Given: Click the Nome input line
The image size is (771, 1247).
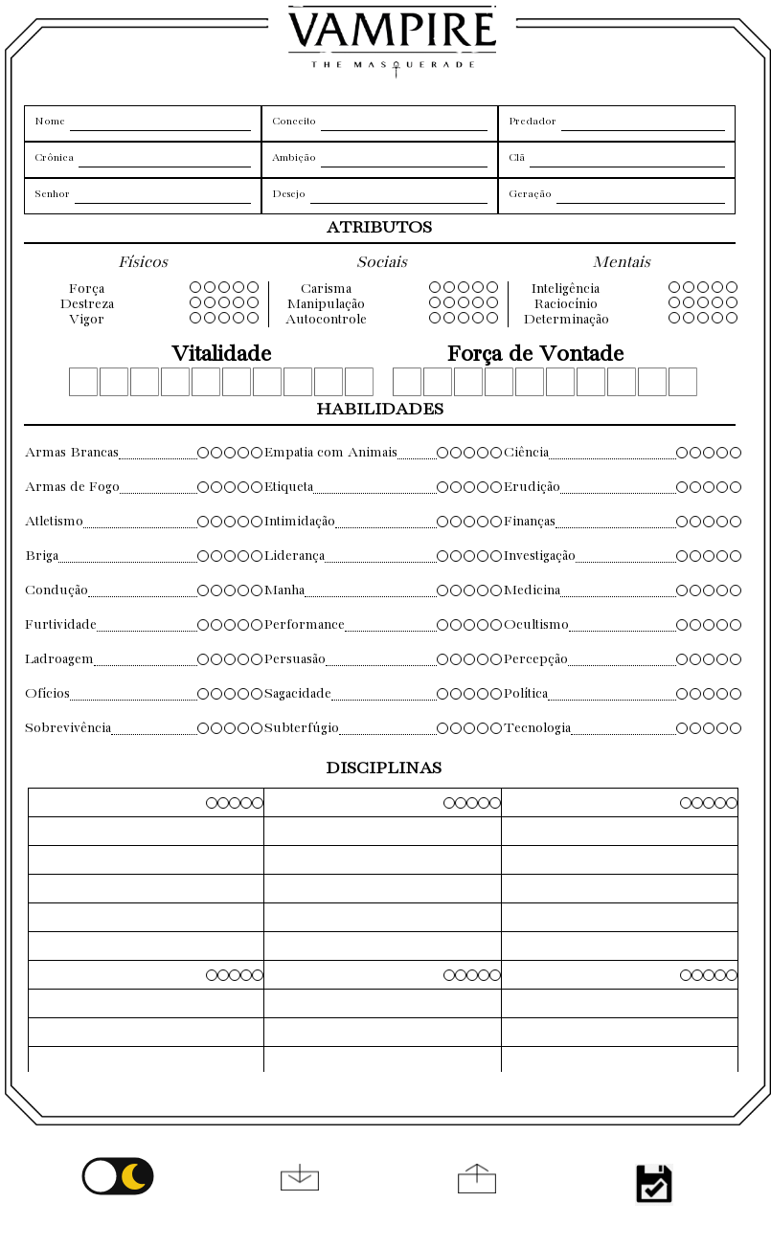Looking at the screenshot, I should [x=160, y=123].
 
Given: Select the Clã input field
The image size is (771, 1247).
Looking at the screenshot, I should [x=626, y=160].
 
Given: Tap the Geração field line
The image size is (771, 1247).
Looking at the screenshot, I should [x=640, y=196].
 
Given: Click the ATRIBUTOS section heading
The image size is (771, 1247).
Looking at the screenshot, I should [x=379, y=228].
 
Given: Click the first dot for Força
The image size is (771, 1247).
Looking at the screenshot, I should [x=195, y=287].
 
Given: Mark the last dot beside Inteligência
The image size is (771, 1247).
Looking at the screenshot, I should [x=732, y=287].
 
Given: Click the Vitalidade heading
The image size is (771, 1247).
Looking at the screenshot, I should [x=221, y=354].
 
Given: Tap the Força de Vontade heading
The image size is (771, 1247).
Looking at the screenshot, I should [x=535, y=354].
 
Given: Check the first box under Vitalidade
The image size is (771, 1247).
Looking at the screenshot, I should [x=83, y=382].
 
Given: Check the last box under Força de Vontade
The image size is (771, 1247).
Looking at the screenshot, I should [x=683, y=382].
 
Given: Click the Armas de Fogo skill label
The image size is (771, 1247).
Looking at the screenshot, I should [x=73, y=487].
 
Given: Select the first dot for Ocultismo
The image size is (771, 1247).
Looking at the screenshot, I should [x=682, y=625].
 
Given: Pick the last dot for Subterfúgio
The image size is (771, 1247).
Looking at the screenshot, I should [x=496, y=728].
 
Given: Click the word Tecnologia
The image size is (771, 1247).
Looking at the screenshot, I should [x=537, y=728].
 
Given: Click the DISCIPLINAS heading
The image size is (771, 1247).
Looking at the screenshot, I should [x=384, y=768].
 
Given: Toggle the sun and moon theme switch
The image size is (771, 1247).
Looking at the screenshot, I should [x=118, y=1176].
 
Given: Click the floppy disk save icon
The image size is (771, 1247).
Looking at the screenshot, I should [x=654, y=1184].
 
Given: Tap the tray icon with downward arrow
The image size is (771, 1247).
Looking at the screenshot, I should [x=300, y=1178].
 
